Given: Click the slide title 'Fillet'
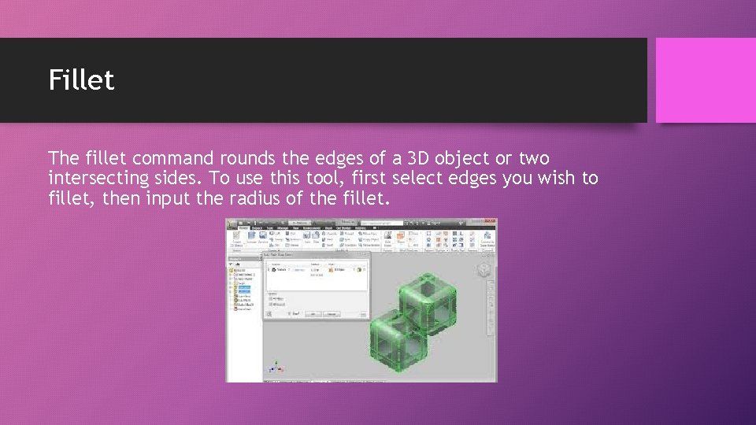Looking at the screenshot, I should (x=81, y=79).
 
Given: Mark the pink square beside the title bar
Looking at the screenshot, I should (x=705, y=80).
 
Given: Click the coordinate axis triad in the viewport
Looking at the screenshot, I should (x=275, y=367).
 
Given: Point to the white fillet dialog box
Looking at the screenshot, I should (x=315, y=287).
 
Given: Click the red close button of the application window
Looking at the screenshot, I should (x=493, y=223).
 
